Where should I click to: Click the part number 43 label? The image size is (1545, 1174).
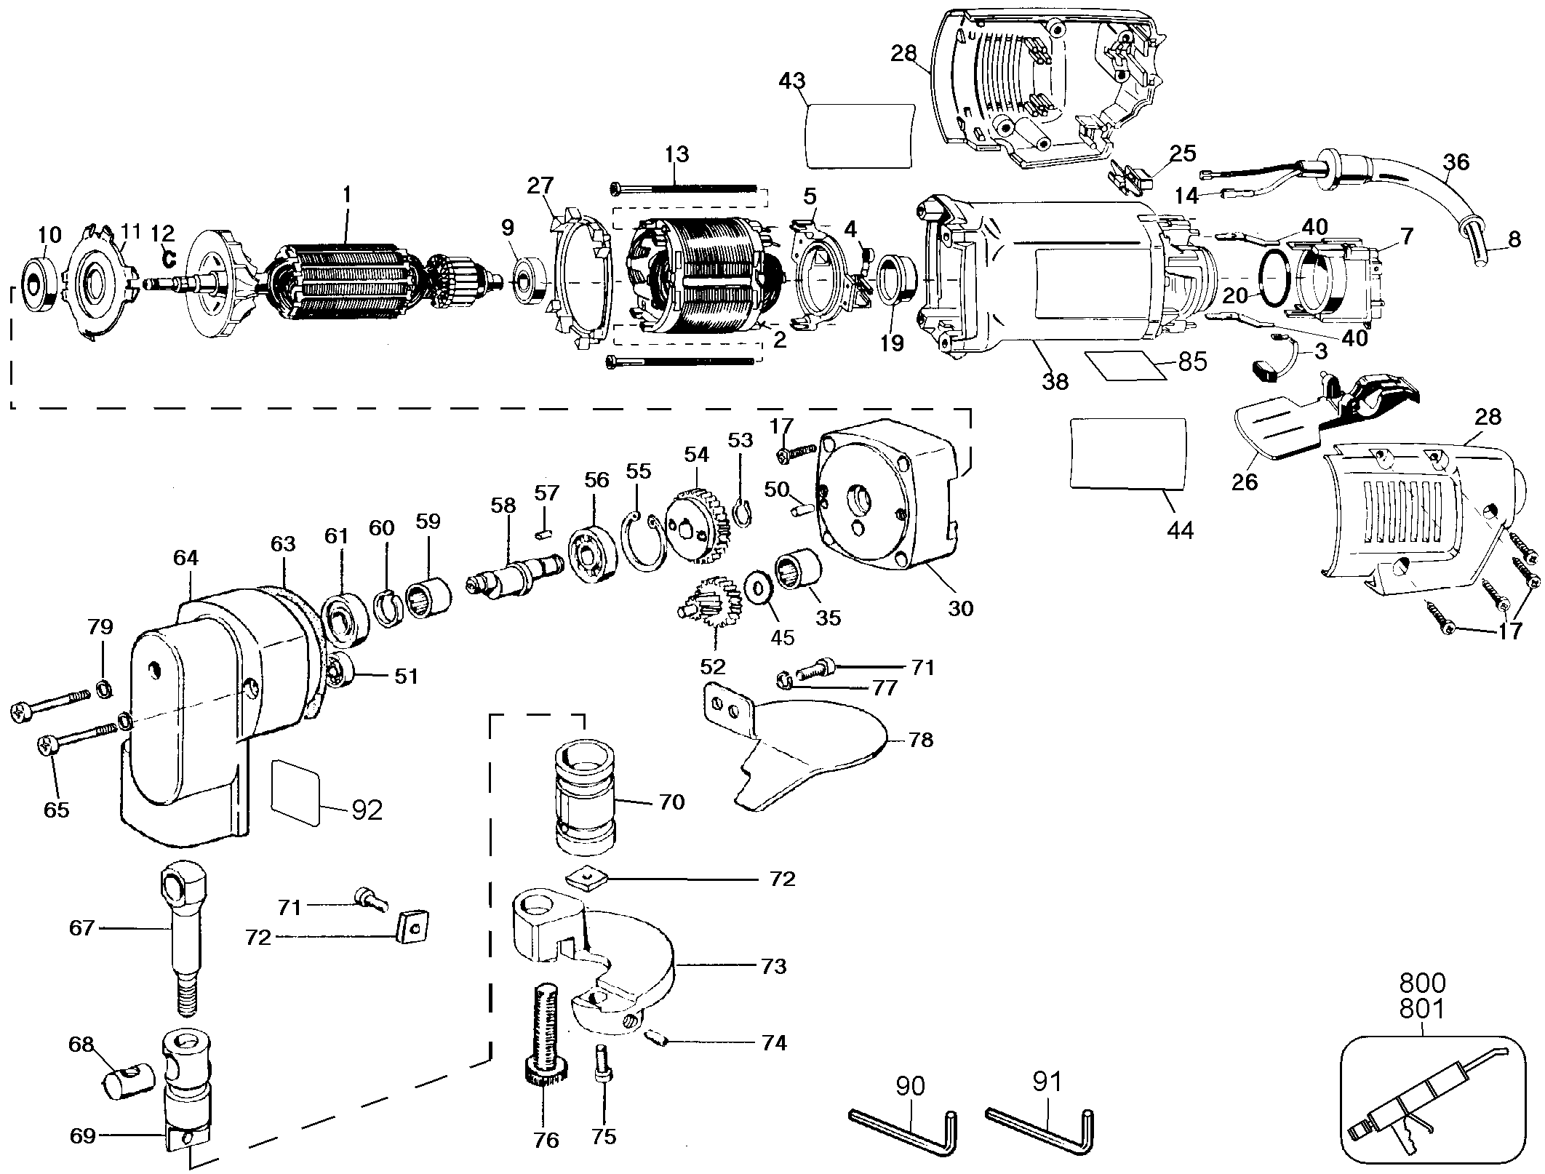click(791, 81)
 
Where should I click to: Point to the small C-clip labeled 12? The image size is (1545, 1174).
click(169, 257)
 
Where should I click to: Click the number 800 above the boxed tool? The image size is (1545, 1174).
click(1423, 983)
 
